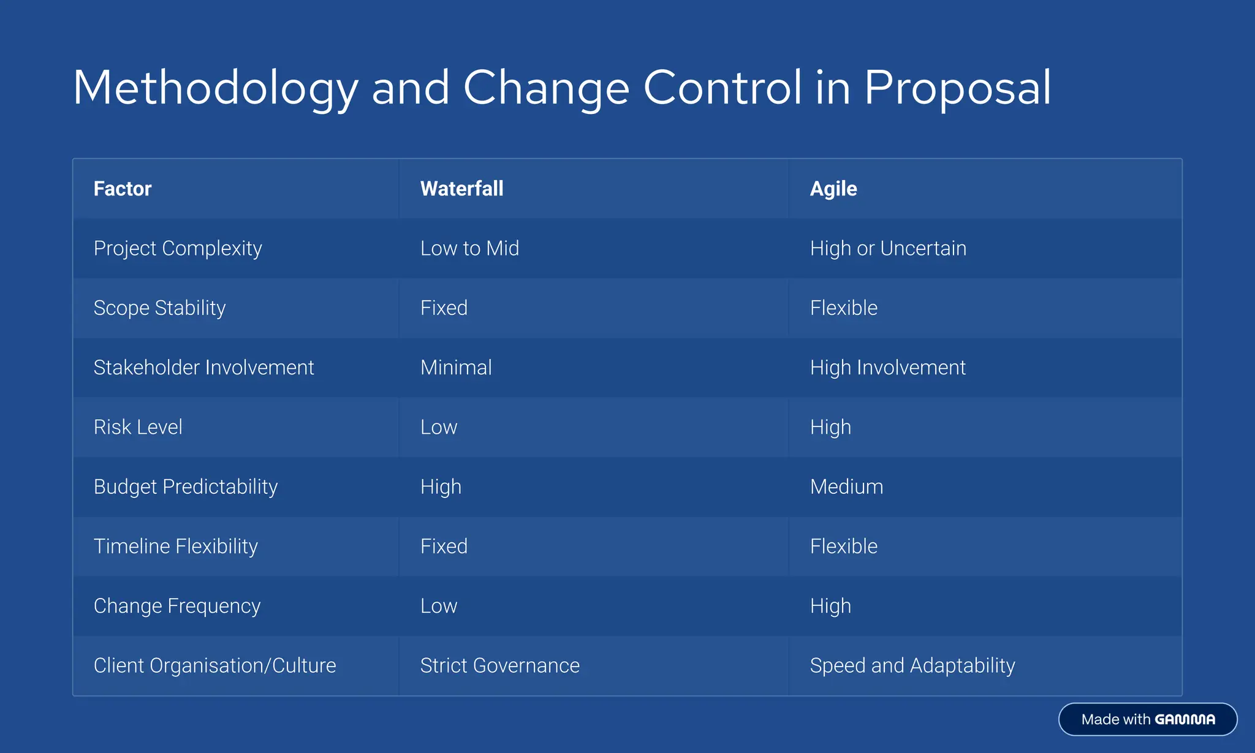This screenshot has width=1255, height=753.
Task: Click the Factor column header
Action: point(123,189)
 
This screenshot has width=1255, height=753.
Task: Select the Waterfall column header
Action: point(461,189)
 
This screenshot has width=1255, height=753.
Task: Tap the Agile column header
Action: point(833,189)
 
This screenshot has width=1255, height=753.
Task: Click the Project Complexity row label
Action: point(178,248)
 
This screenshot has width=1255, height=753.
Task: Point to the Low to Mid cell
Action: point(469,248)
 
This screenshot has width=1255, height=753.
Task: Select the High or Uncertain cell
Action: point(887,248)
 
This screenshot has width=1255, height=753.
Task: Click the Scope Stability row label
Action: point(159,308)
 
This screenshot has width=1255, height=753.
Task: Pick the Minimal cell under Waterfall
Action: point(456,368)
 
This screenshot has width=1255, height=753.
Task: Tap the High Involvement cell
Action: point(887,368)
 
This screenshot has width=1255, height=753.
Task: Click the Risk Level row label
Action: point(138,427)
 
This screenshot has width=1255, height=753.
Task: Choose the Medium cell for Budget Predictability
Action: point(846,486)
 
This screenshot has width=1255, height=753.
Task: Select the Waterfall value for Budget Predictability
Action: point(441,486)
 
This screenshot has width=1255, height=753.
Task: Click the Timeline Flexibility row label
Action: point(175,546)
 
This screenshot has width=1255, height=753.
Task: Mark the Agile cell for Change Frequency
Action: point(830,606)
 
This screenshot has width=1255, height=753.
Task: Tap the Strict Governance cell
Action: point(499,665)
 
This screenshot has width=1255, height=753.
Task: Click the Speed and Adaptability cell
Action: point(912,665)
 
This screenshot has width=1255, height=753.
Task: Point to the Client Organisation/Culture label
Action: point(214,665)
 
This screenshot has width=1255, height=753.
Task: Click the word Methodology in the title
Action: point(214,88)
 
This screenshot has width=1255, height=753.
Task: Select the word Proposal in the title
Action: point(957,88)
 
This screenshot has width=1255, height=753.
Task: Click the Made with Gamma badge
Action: point(1147,719)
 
